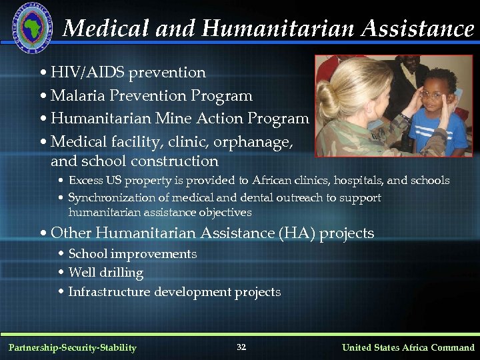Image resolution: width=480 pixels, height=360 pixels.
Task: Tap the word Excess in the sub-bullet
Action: click(x=85, y=181)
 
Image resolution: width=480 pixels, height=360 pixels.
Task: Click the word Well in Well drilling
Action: click(x=79, y=273)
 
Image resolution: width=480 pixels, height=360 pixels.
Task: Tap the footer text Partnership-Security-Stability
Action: click(x=72, y=347)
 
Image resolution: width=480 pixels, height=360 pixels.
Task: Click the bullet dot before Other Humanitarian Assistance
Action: click(x=43, y=234)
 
